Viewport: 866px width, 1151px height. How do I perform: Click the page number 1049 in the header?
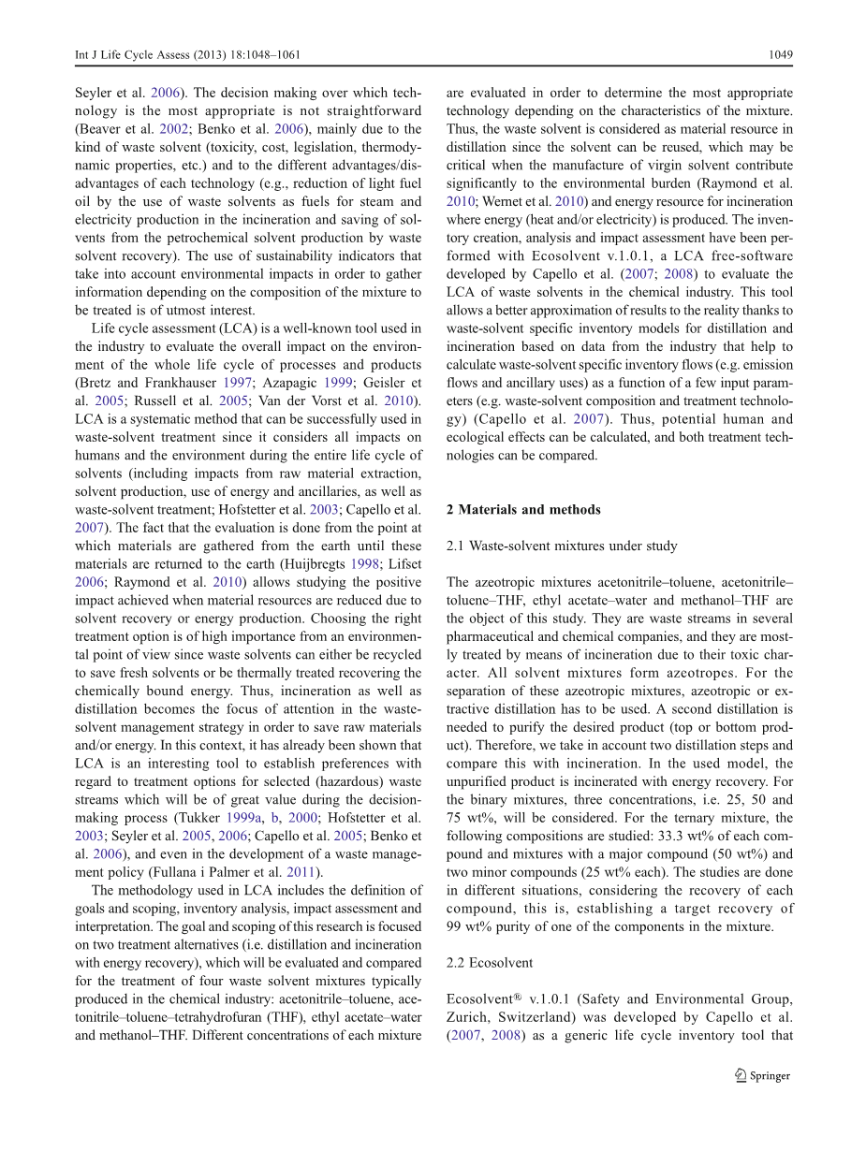[x=780, y=54]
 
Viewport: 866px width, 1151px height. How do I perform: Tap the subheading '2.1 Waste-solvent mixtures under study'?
[x=562, y=546]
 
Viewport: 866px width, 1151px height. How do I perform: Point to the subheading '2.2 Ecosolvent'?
[x=490, y=963]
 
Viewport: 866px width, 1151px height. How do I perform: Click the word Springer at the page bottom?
[x=771, y=1076]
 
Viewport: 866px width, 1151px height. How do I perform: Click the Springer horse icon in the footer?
[x=741, y=1076]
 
